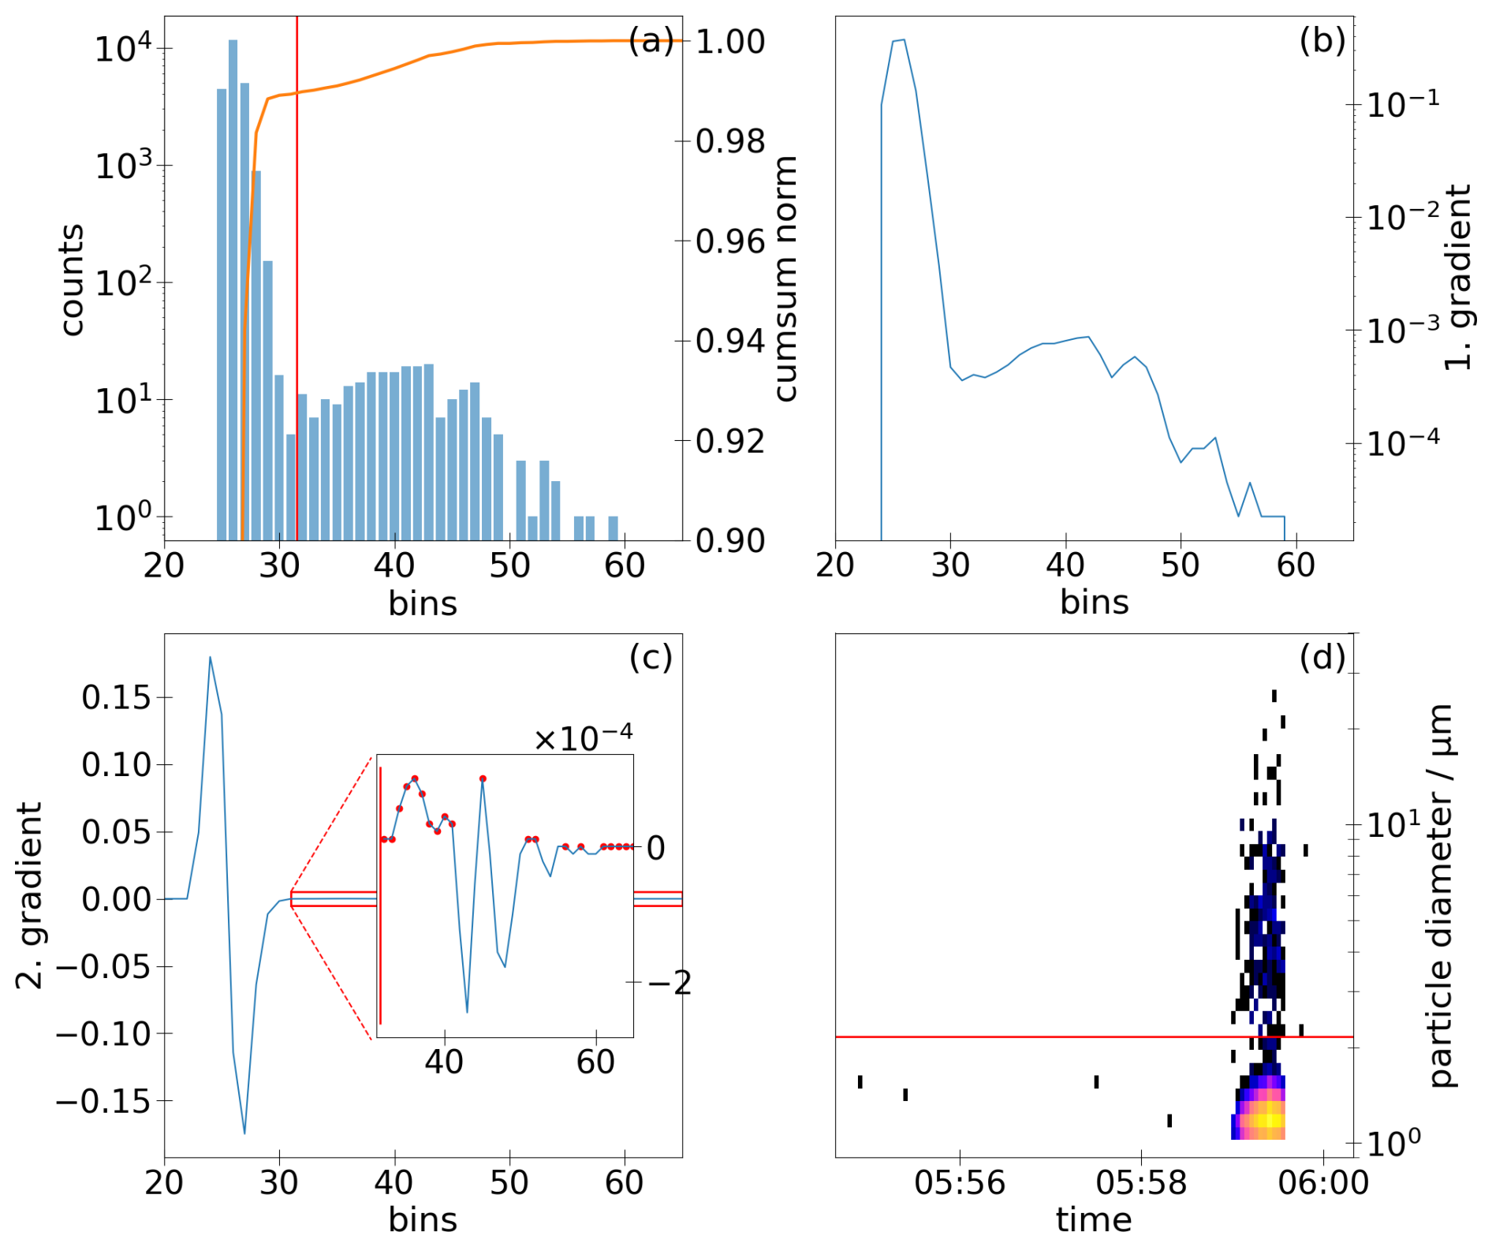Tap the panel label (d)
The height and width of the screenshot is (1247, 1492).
pyautogui.click(x=1322, y=657)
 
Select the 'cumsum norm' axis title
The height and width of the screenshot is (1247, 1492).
pyautogui.click(x=786, y=278)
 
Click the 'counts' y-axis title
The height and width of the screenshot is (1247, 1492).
pyautogui.click(x=72, y=280)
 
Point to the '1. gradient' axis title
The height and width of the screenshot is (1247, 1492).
pyautogui.click(x=1458, y=278)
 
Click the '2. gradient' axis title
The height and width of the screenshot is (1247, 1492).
pyautogui.click(x=29, y=896)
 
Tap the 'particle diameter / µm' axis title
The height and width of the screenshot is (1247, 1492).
pyautogui.click(x=1442, y=896)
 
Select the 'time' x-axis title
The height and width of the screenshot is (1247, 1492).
pyautogui.click(x=1094, y=1219)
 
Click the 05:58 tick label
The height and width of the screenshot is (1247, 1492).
pyautogui.click(x=1141, y=1183)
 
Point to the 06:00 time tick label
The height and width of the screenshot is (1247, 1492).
pyautogui.click(x=1323, y=1183)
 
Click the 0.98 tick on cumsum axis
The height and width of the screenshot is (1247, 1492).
pyautogui.click(x=730, y=142)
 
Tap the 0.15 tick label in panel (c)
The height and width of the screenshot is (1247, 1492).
pyautogui.click(x=117, y=697)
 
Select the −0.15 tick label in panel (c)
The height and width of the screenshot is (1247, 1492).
pyautogui.click(x=103, y=1101)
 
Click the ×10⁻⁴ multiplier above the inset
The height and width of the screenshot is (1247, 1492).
pyautogui.click(x=583, y=737)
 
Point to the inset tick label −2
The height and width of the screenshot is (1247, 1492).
pyautogui.click(x=670, y=983)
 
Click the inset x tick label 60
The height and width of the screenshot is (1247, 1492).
pyautogui.click(x=595, y=1062)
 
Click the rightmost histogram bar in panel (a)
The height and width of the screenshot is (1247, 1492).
pyautogui.click(x=613, y=528)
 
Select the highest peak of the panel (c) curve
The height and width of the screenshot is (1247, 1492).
pyautogui.click(x=210, y=657)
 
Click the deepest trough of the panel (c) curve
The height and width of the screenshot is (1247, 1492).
pyautogui.click(x=244, y=1133)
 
